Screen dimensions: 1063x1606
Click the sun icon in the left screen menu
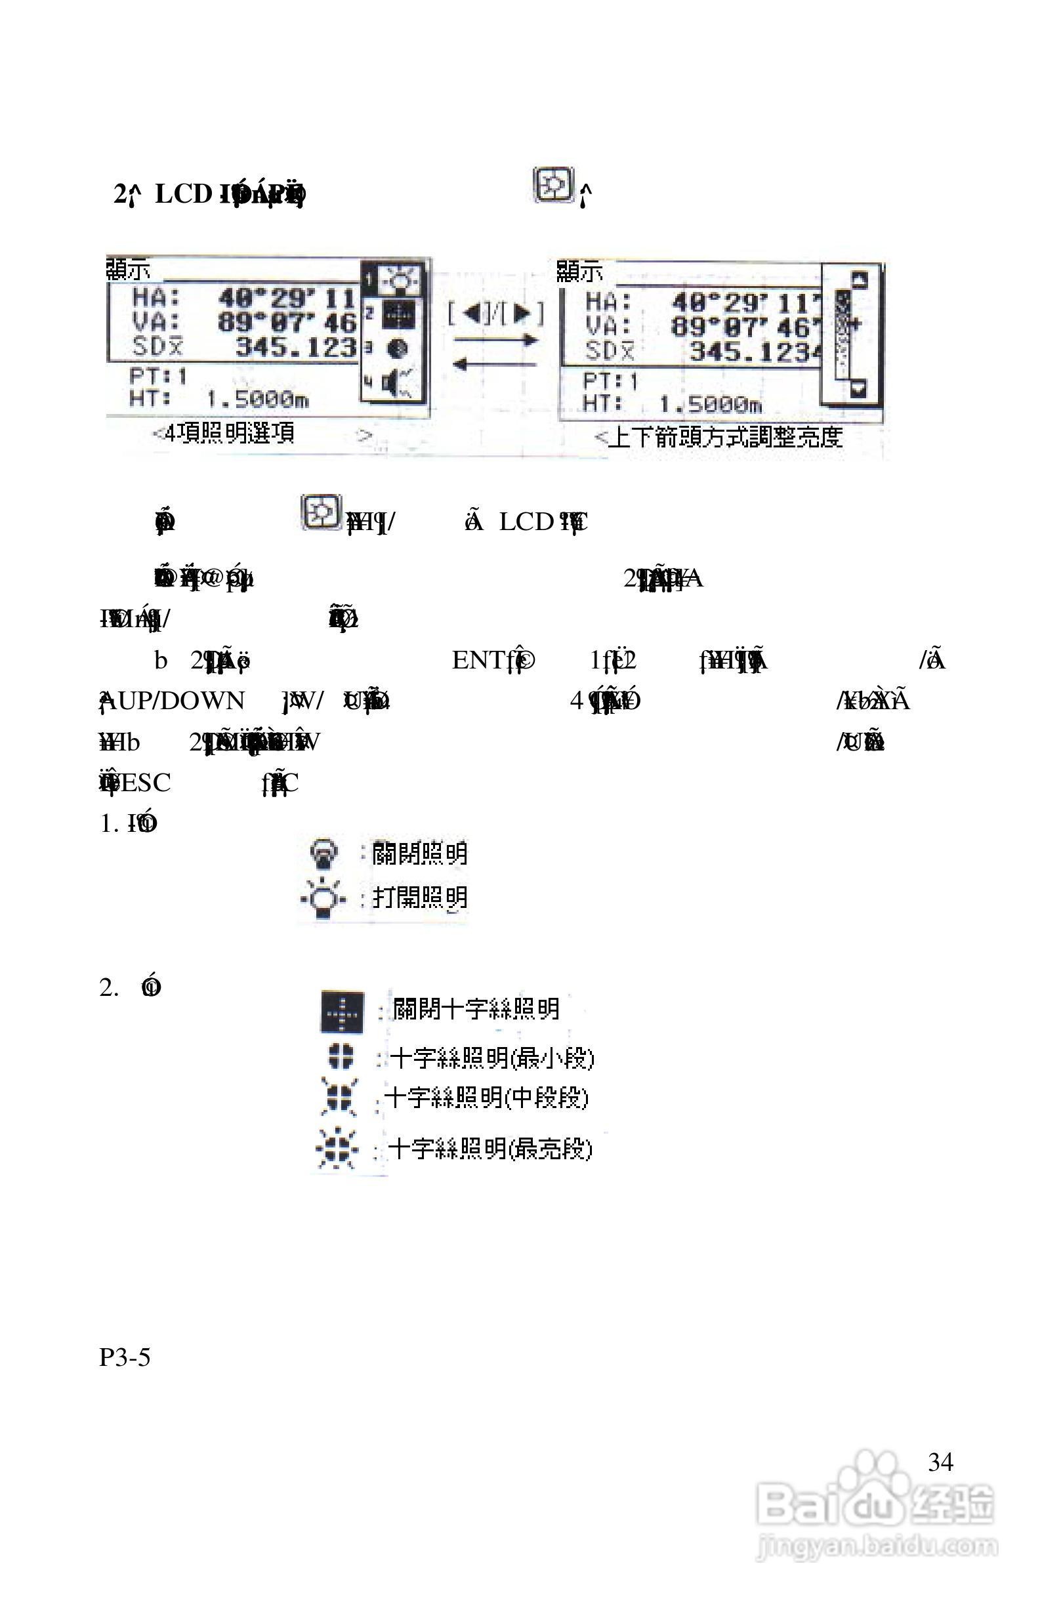tap(400, 278)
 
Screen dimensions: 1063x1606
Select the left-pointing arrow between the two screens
tap(495, 365)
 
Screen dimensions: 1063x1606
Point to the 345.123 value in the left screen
tap(295, 348)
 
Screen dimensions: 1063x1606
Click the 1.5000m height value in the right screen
tap(711, 405)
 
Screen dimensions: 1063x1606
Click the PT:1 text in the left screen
tap(159, 375)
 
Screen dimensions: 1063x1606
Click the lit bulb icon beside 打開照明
tap(323, 899)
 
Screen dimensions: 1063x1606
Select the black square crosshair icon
tap(342, 1012)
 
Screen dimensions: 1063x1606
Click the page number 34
tap(940, 1462)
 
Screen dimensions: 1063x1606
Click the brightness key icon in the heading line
tap(554, 185)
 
